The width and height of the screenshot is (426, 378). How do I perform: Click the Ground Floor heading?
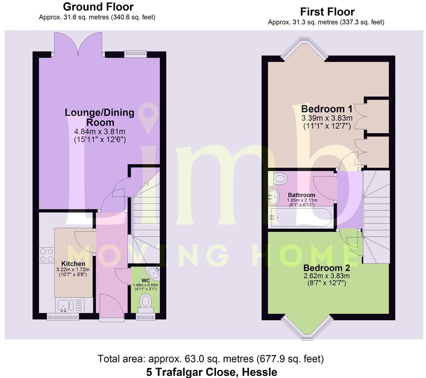98,7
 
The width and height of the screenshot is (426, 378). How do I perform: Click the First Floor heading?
327,12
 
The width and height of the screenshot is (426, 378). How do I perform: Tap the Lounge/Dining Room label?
100,117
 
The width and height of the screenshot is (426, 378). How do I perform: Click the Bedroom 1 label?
327,108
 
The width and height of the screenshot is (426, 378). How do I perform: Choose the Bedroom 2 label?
326,268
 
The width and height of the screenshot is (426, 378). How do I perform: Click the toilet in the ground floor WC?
146,301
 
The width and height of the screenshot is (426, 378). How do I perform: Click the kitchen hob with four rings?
46,255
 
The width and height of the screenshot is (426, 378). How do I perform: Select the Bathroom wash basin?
274,195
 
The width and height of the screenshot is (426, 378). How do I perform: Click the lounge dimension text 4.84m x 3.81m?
100,132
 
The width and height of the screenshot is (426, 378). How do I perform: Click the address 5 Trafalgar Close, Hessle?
211,372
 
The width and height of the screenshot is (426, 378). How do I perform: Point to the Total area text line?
211,358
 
